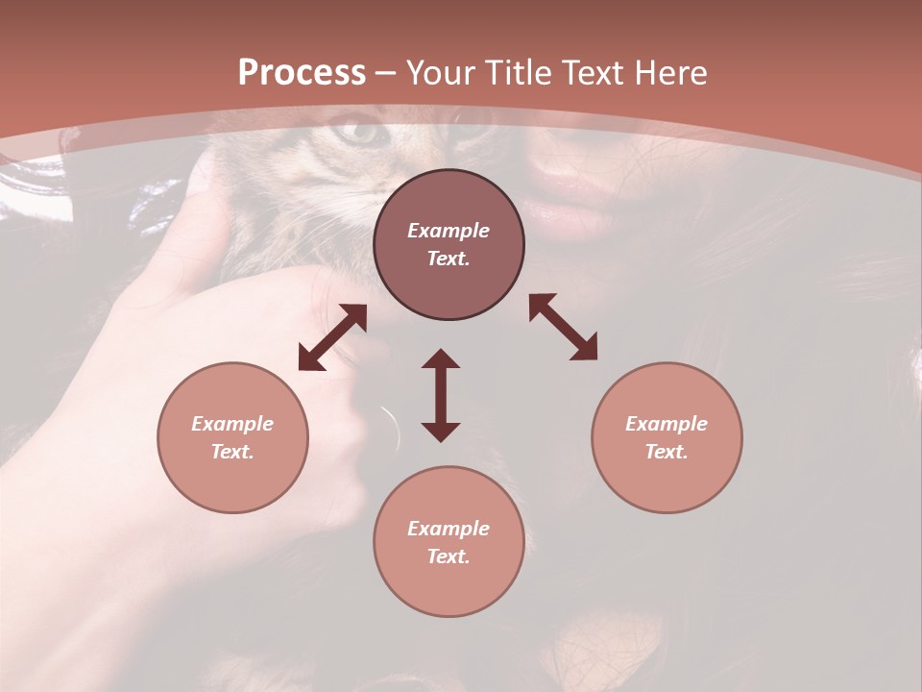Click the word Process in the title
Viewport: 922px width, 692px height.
(x=302, y=73)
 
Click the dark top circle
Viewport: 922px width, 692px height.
(x=449, y=245)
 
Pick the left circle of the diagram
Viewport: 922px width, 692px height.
(x=232, y=437)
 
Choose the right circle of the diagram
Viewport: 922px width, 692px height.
(x=667, y=437)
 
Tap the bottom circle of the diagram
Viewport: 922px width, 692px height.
(x=449, y=542)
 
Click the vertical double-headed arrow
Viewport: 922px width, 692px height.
(x=441, y=395)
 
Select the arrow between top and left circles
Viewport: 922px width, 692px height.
(x=332, y=337)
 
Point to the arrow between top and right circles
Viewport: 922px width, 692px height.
(x=563, y=328)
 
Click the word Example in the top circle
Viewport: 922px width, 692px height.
(x=449, y=231)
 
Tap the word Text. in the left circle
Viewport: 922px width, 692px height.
(x=232, y=452)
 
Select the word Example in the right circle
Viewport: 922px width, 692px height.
(x=667, y=424)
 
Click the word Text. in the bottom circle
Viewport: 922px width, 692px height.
(x=449, y=556)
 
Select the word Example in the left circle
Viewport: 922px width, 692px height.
(x=232, y=424)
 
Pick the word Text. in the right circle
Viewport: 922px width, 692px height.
(x=667, y=452)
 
